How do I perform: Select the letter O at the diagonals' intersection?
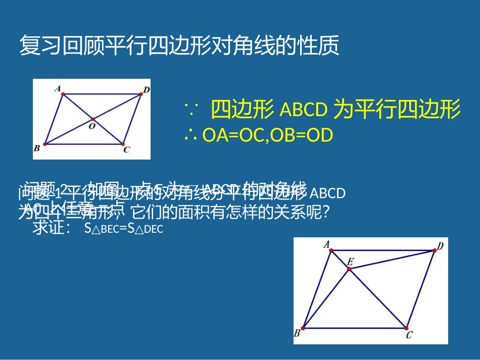click(91, 126)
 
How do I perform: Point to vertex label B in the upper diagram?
click(37, 148)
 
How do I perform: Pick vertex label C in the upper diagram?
click(126, 149)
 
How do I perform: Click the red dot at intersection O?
click(93, 119)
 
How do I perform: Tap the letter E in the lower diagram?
click(350, 262)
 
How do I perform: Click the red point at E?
click(349, 270)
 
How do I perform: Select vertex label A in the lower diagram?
click(327, 245)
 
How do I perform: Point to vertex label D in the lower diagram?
click(440, 246)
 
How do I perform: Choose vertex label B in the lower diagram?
click(297, 333)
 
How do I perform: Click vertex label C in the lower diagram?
click(409, 334)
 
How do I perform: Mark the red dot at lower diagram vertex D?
click(434, 250)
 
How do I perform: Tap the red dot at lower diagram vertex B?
click(303, 328)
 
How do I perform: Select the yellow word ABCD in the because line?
click(303, 110)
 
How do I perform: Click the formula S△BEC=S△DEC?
click(124, 229)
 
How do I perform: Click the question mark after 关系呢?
click(326, 213)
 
